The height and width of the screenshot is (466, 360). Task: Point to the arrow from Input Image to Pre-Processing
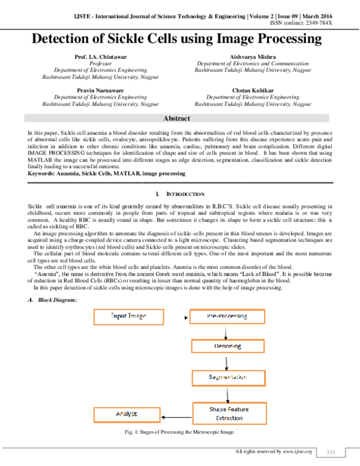pos(176,315)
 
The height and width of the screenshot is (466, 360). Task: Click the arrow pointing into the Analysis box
pos(176,414)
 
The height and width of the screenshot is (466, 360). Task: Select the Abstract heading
pos(179,119)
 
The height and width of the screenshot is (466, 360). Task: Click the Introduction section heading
pos(179,194)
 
